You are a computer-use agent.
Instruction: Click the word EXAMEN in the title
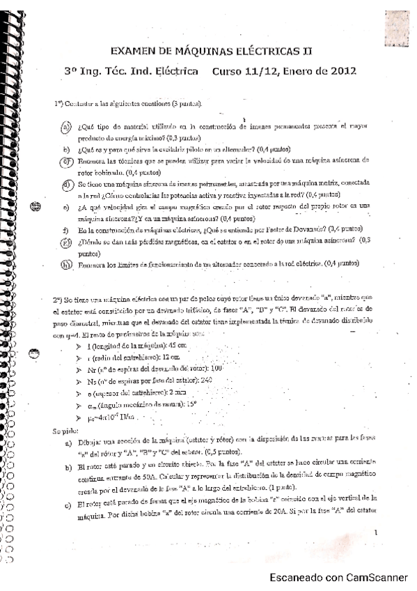[x=135, y=51]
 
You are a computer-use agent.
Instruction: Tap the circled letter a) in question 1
[x=66, y=127]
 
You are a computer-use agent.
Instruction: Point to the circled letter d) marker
[x=67, y=185]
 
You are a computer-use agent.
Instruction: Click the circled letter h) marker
[x=67, y=264]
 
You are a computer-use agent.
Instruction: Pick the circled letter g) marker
[x=67, y=242]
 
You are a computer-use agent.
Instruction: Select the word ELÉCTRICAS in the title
[x=262, y=51]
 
